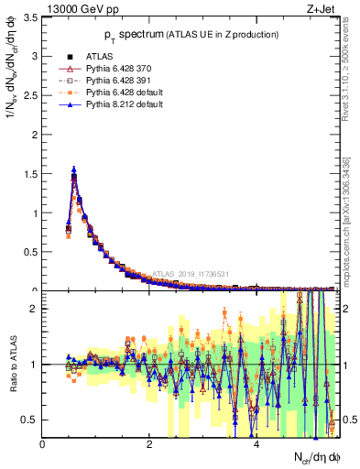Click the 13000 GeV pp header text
click(x=77, y=9)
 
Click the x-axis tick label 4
click(x=256, y=445)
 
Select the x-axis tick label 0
click(x=43, y=445)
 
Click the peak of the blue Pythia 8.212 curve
click(x=74, y=169)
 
